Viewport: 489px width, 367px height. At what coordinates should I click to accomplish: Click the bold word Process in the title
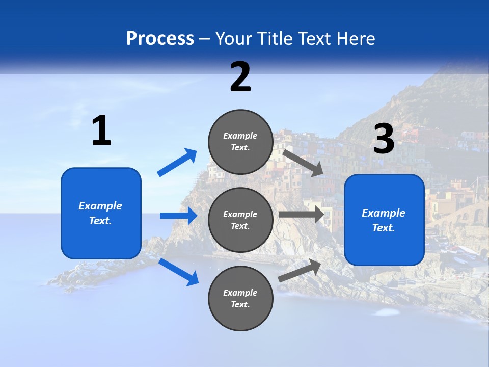[160, 39]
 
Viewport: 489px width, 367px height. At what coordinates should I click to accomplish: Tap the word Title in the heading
[273, 39]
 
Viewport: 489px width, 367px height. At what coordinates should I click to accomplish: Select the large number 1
[101, 131]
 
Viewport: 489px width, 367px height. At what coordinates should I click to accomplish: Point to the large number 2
[240, 77]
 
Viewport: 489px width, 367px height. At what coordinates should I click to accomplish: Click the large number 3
[384, 139]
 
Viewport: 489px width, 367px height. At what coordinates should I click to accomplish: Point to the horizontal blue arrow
[178, 216]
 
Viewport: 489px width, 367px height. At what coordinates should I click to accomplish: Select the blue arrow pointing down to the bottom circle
[179, 272]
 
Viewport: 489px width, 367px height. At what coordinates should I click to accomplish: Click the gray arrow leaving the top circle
[303, 163]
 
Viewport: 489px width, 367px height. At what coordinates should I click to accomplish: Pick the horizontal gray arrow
[302, 215]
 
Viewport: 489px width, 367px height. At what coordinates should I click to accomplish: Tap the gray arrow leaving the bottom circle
[300, 270]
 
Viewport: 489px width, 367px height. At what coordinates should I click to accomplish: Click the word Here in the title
[355, 39]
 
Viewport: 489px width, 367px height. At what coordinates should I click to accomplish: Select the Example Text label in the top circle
[240, 142]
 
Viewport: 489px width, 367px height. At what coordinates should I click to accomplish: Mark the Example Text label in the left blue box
[101, 213]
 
